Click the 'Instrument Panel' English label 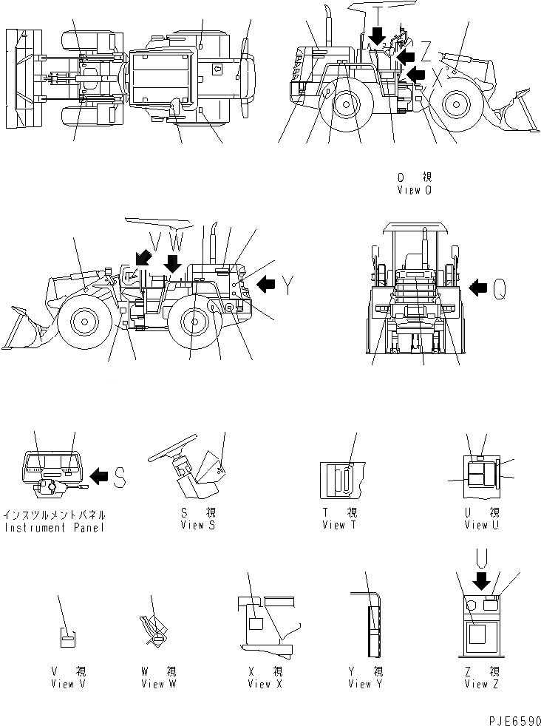[55, 527]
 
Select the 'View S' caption [197, 524]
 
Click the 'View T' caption [339, 524]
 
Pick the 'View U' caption [481, 524]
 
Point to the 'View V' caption [67, 684]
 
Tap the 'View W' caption [158, 684]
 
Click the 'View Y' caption [365, 684]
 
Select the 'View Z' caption [481, 684]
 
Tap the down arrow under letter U [483, 582]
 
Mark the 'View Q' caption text [414, 190]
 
